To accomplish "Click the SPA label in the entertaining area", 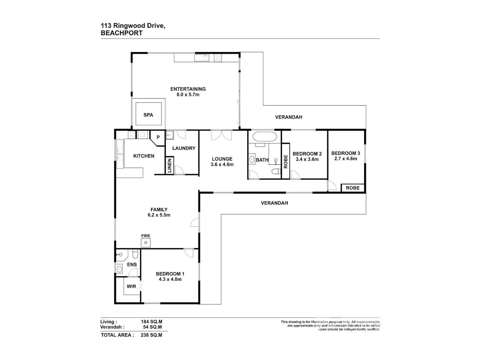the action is coord(148,115).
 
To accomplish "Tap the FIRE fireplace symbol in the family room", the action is coord(146,243).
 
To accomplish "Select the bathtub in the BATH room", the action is coord(265,137).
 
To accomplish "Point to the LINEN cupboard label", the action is coord(170,166).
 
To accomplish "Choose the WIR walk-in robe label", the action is coord(131,286).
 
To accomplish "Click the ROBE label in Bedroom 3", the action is coord(353,188).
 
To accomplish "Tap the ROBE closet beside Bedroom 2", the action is coord(285,161).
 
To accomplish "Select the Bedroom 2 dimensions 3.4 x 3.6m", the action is coord(307,159).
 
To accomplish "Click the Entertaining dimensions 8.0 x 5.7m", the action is coord(188,95).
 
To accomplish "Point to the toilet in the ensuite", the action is coord(135,254).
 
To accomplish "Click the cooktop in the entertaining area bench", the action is coord(218,58).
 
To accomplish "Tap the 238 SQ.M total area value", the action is coord(151,335).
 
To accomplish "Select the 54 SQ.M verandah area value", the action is coord(152,327).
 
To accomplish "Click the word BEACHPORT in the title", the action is coord(122,33).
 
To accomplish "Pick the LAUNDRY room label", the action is coord(184,148).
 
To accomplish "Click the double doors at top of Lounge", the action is coord(221,135).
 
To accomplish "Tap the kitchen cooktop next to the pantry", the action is coord(132,135).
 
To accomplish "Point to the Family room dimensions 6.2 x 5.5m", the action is coord(159,215).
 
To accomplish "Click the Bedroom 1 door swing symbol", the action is coord(189,253).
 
